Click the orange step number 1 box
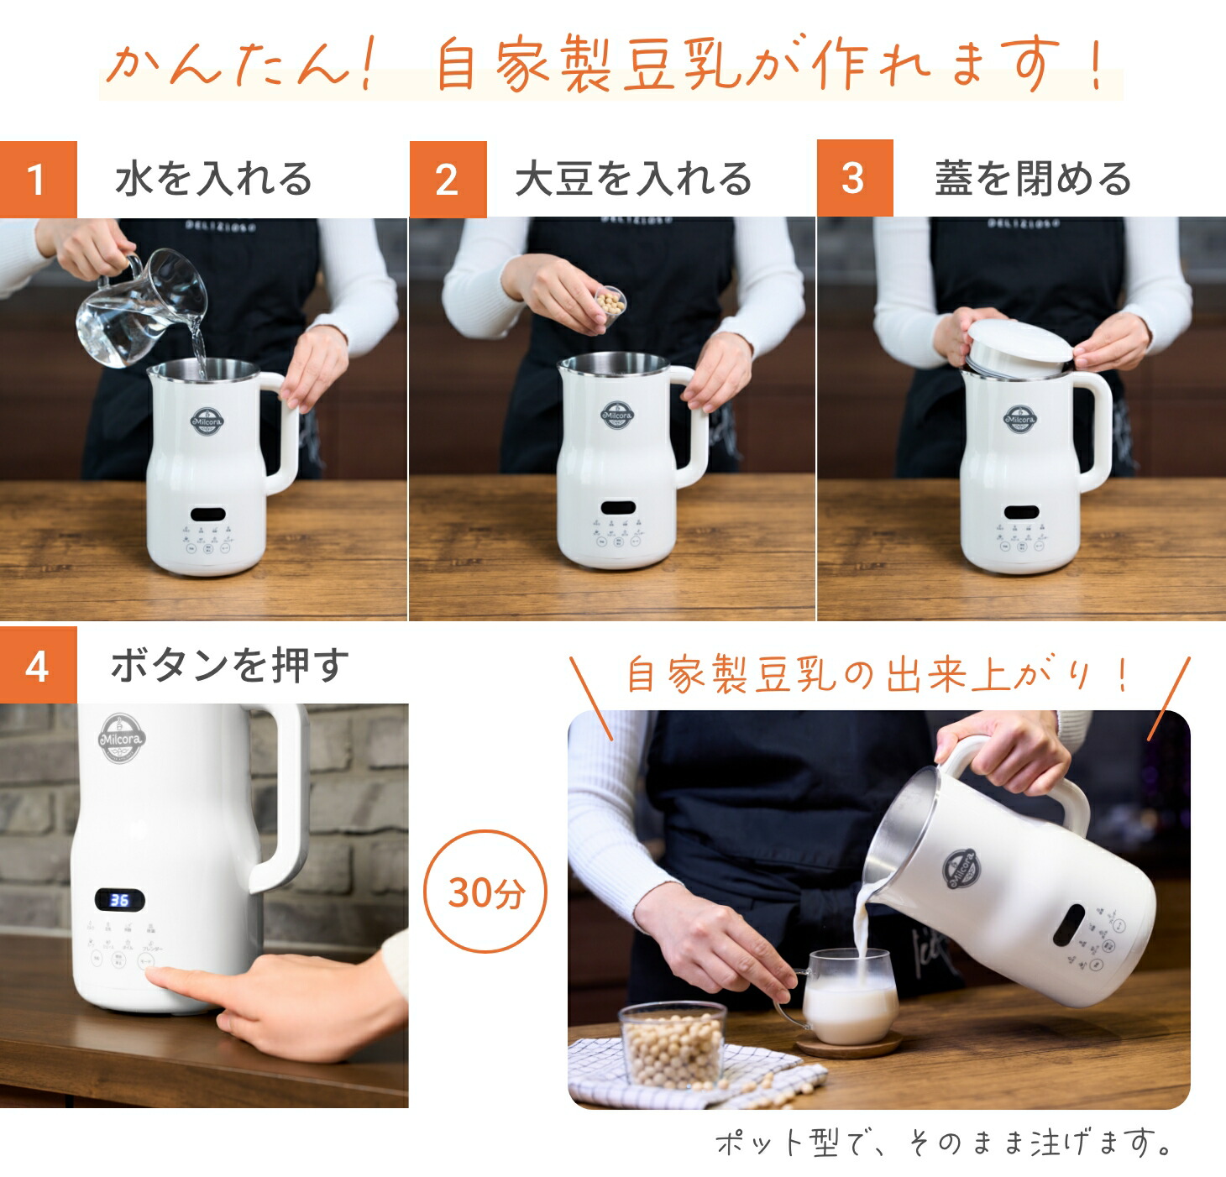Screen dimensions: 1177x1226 click(x=38, y=180)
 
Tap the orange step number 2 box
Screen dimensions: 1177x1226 click(x=448, y=180)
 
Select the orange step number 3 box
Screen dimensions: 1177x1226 click(x=854, y=179)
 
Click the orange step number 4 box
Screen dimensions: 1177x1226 click(x=38, y=666)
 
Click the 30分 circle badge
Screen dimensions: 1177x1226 click(x=485, y=892)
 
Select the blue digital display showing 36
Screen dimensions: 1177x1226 click(x=119, y=901)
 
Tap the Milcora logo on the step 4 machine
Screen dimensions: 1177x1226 click(x=123, y=740)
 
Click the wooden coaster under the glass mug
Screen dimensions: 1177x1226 click(x=848, y=1045)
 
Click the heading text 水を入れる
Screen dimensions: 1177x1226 click(x=213, y=180)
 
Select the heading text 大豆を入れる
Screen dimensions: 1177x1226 click(x=633, y=180)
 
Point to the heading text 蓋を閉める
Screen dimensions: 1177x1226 click(x=1033, y=180)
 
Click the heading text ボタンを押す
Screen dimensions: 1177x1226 click(x=229, y=666)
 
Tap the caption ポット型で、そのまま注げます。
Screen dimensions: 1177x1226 click(x=944, y=1143)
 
